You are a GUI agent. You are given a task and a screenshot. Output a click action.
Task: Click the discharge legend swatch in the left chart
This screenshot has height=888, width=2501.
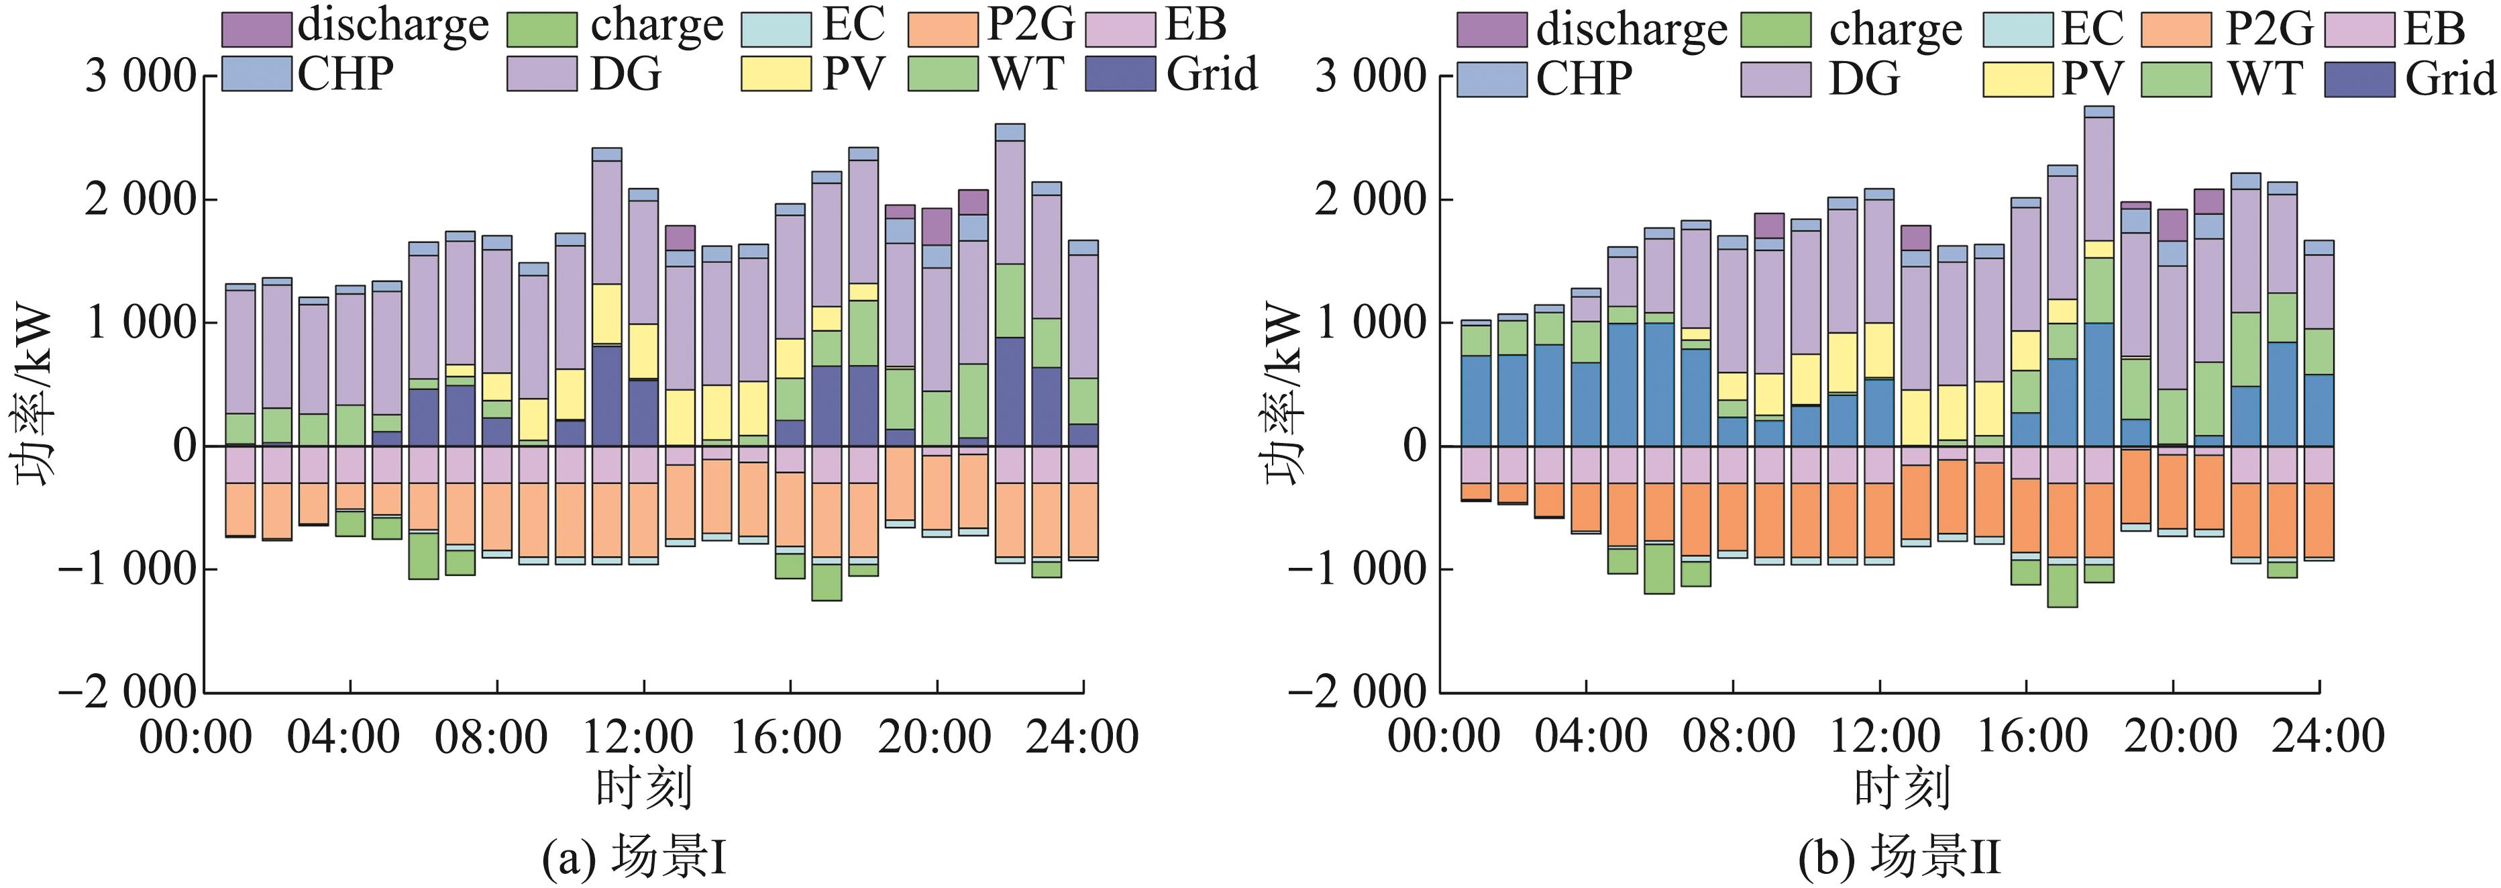(x=256, y=29)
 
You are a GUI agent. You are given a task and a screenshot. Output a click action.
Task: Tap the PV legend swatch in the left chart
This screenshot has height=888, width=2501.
(x=776, y=75)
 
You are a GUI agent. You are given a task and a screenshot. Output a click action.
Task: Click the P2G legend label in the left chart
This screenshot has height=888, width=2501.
(x=1029, y=26)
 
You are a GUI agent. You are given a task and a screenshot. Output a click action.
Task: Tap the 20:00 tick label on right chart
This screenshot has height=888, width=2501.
(x=2180, y=736)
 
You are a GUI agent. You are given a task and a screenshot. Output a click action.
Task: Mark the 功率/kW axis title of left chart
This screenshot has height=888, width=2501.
(x=34, y=397)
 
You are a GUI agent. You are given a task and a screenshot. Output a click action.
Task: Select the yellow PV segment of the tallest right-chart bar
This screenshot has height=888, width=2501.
(x=2099, y=250)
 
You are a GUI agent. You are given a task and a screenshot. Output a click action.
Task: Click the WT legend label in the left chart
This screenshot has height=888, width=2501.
(x=1027, y=75)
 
